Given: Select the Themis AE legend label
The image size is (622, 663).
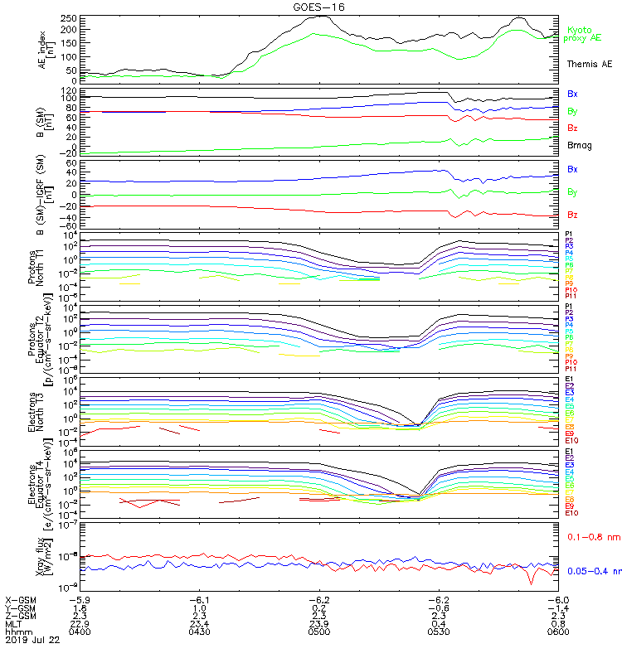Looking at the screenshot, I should tap(590, 64).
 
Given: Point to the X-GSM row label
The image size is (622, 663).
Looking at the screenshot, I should tap(21, 599).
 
